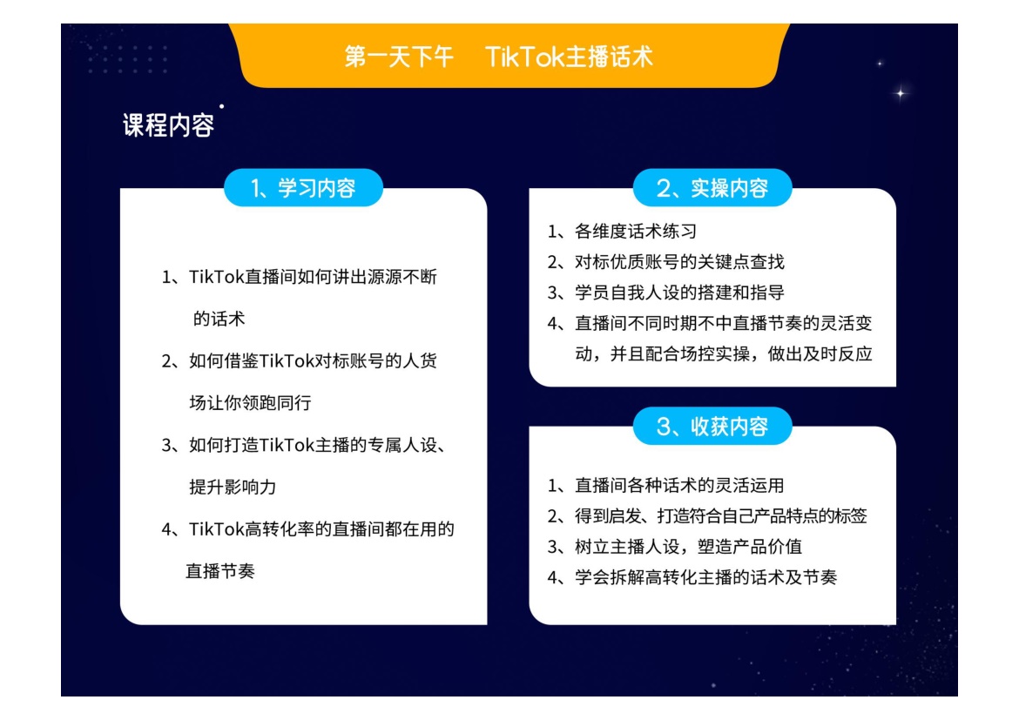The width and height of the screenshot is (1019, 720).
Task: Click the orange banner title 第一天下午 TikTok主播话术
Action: (x=498, y=57)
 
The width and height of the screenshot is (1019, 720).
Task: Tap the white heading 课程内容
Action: (x=168, y=124)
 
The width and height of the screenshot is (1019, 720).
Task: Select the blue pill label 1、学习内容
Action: (x=303, y=188)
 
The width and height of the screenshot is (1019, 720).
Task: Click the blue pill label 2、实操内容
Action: (x=712, y=188)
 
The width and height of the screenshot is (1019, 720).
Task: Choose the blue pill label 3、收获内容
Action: (x=712, y=427)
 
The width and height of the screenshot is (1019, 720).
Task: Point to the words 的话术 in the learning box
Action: (x=219, y=319)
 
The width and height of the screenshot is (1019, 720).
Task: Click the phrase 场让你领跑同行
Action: (x=250, y=403)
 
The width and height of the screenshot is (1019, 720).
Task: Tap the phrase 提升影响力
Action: (x=233, y=487)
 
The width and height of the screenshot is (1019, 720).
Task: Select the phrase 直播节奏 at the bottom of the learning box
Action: (x=219, y=571)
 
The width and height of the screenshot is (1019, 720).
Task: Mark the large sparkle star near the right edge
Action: (x=901, y=93)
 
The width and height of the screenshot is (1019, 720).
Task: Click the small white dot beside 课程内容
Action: (x=221, y=106)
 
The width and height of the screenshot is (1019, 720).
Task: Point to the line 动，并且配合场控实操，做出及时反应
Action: (x=723, y=354)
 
